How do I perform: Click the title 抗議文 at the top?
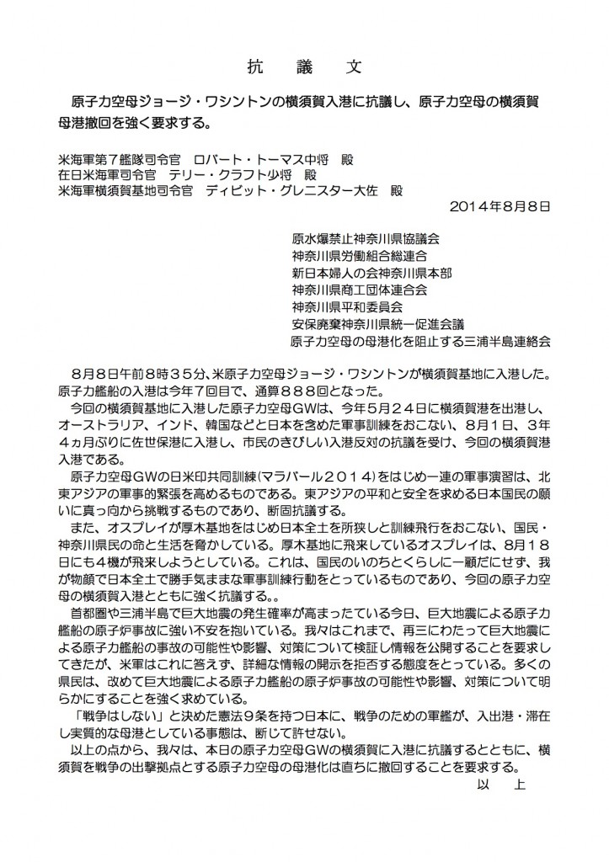(304, 65)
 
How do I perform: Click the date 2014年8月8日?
(491, 205)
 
